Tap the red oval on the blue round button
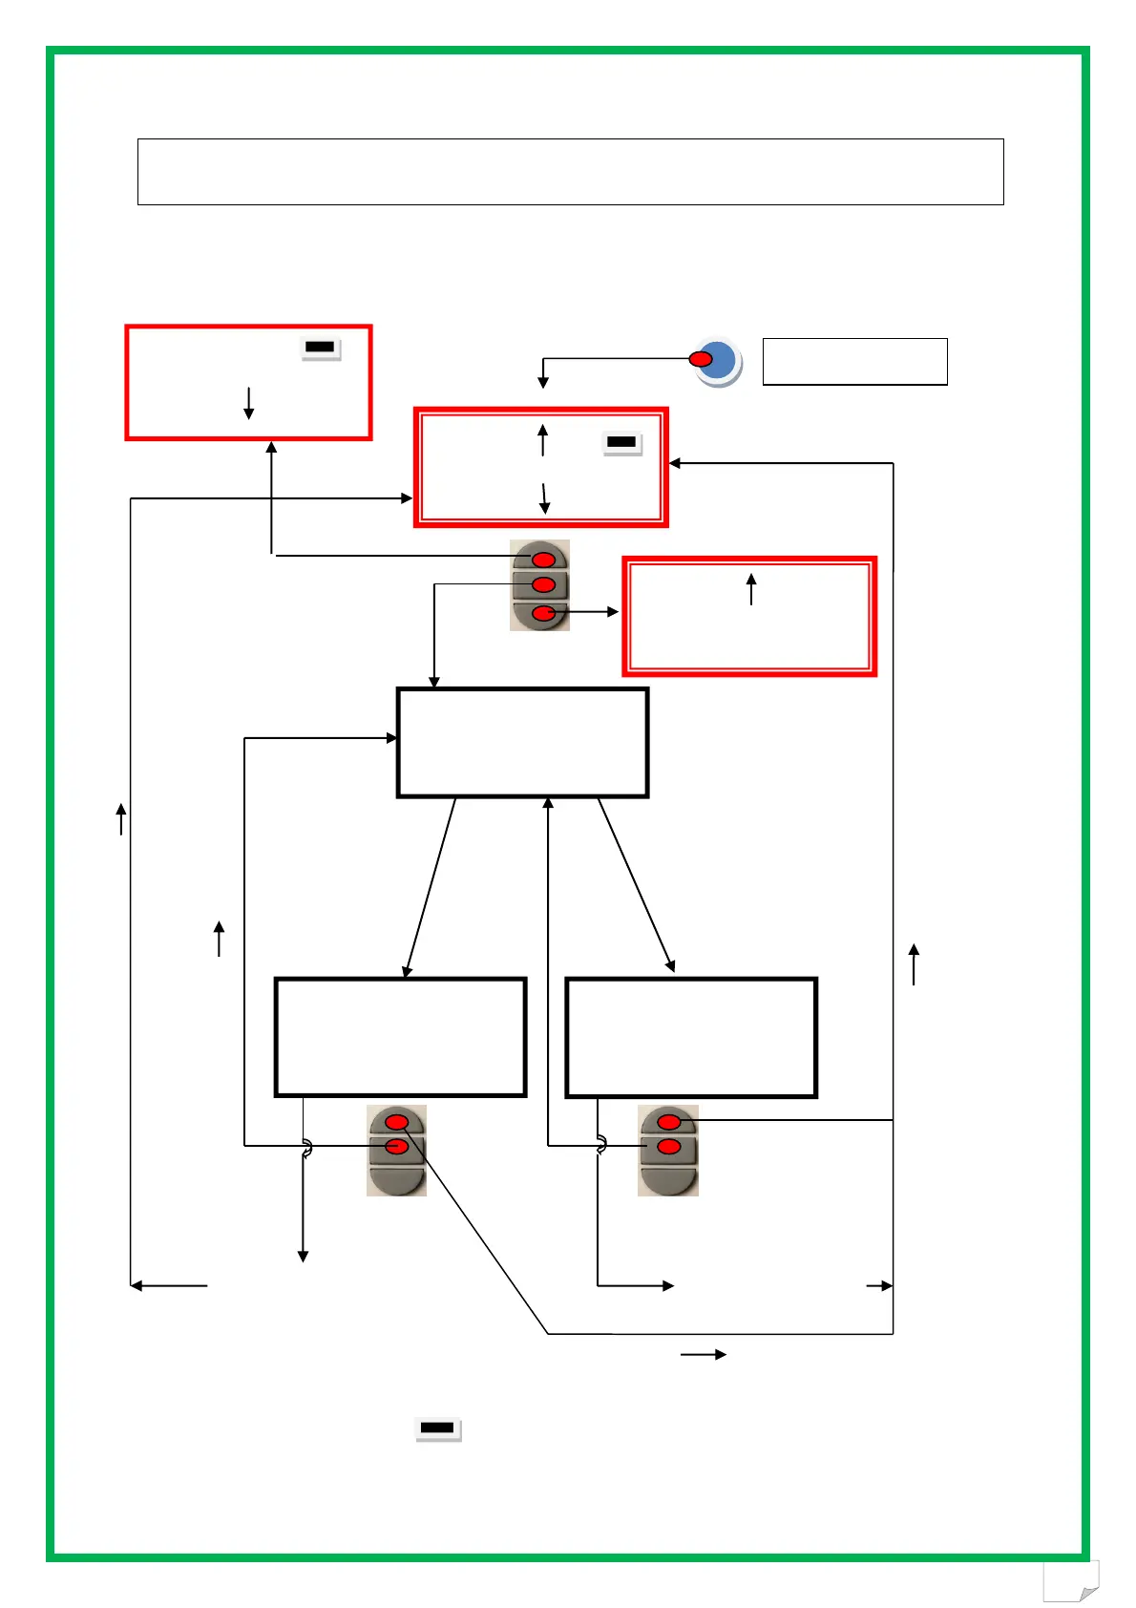pyautogui.click(x=701, y=359)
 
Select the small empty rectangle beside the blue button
pyautogui.click(x=854, y=362)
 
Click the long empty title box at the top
pyautogui.click(x=570, y=172)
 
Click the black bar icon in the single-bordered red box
pyautogui.click(x=320, y=348)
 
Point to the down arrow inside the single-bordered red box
pyautogui.click(x=248, y=403)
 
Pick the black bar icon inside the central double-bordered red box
pyautogui.click(x=621, y=442)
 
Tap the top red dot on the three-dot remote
pyautogui.click(x=543, y=559)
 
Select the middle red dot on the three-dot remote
pyautogui.click(x=543, y=584)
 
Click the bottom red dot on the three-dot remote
pyautogui.click(x=543, y=613)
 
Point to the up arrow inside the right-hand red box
pyautogui.click(x=751, y=588)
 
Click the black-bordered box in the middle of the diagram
pyautogui.click(x=522, y=742)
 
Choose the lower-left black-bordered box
pyautogui.click(x=400, y=1037)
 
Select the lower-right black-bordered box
pyautogui.click(x=691, y=1037)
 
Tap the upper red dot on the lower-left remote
pyautogui.click(x=397, y=1122)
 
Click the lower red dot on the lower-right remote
pyautogui.click(x=669, y=1146)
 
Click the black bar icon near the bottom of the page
pyautogui.click(x=438, y=1428)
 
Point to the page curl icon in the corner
pyautogui.click(x=1071, y=1582)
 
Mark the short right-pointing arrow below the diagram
pyautogui.click(x=704, y=1354)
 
